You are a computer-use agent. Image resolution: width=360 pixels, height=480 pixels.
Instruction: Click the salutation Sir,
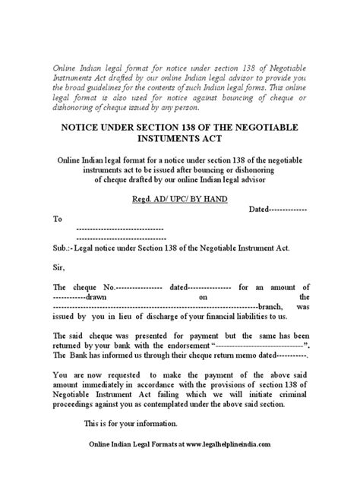tap(61, 267)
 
